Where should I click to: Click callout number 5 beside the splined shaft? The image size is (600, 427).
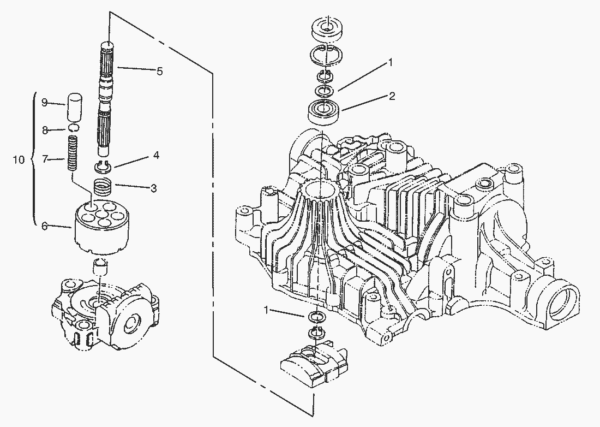tap(159, 71)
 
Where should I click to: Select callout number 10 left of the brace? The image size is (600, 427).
tap(19, 159)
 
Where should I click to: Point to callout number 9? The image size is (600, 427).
tap(45, 102)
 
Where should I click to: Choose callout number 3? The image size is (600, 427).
tap(154, 188)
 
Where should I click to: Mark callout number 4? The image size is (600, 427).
tap(156, 156)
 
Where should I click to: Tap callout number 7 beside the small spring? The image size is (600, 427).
tap(45, 159)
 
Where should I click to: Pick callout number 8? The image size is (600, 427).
tap(45, 130)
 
